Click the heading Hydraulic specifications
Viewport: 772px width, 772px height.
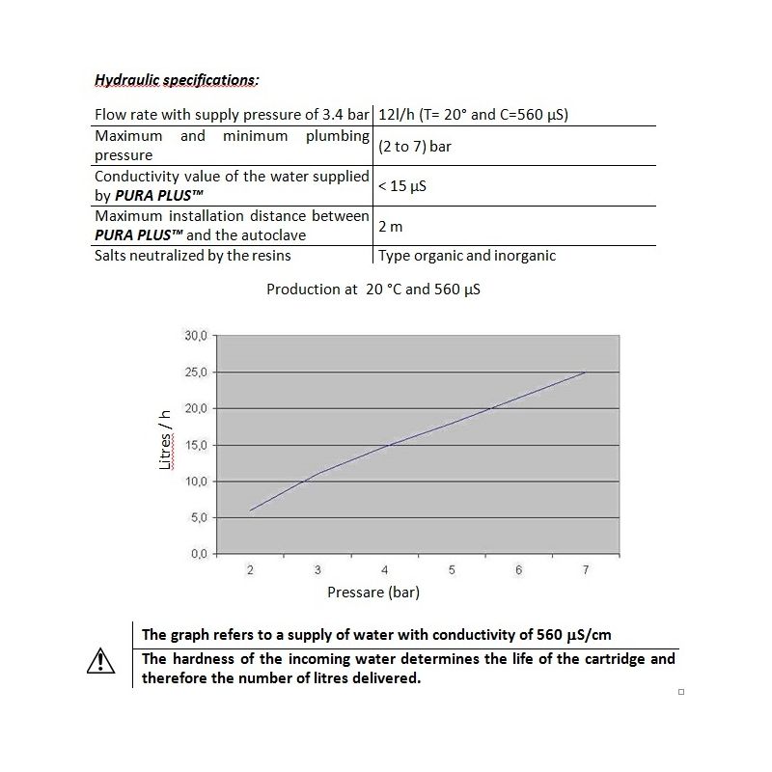177,80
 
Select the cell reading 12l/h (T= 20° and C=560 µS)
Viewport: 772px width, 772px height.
473,114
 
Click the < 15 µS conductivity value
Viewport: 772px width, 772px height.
402,186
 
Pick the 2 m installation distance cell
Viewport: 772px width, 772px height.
390,226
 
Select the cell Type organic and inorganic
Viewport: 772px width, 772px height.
467,256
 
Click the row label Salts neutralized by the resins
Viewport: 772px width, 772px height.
193,256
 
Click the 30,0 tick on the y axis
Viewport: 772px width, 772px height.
195,336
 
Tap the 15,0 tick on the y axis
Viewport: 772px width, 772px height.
195,445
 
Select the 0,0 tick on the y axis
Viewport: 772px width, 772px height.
198,554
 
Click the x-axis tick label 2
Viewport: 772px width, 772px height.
250,570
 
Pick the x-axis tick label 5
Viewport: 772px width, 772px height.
452,570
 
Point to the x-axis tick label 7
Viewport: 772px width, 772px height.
586,570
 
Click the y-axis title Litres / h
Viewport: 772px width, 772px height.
166,438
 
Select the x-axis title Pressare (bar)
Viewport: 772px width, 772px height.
373,592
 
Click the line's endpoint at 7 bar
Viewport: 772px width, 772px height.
585,372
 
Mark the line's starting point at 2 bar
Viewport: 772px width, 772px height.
251,510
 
